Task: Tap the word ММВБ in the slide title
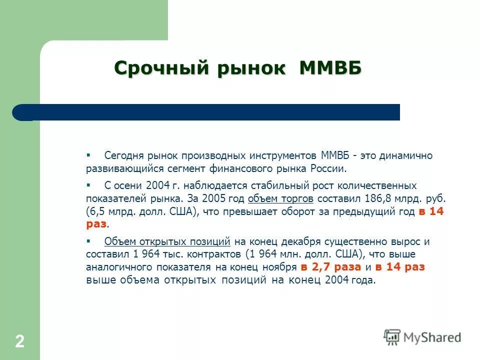click(x=330, y=68)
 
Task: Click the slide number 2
click(x=19, y=342)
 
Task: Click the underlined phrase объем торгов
click(x=280, y=199)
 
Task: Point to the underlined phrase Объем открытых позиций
click(x=167, y=242)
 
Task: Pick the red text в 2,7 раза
click(x=330, y=267)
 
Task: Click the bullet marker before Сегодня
click(x=88, y=155)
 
